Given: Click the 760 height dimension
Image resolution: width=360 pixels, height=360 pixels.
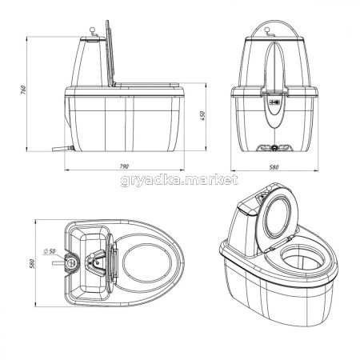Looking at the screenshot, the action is [23, 90].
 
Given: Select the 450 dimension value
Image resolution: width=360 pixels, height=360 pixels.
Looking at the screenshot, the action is [202, 116].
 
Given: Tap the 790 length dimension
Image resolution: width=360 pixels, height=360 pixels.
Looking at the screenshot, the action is [124, 166].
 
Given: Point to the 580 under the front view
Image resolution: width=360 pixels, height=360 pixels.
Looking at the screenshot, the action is [274, 167].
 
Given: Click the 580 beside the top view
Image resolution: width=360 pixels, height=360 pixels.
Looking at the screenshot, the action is [32, 263].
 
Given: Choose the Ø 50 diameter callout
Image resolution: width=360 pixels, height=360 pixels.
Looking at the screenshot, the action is [49, 251].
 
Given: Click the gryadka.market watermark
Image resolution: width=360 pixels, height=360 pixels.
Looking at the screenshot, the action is [179, 181].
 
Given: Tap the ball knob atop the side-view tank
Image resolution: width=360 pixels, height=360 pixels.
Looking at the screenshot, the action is [92, 29].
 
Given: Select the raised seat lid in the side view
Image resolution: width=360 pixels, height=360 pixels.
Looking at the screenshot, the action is [110, 53].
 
